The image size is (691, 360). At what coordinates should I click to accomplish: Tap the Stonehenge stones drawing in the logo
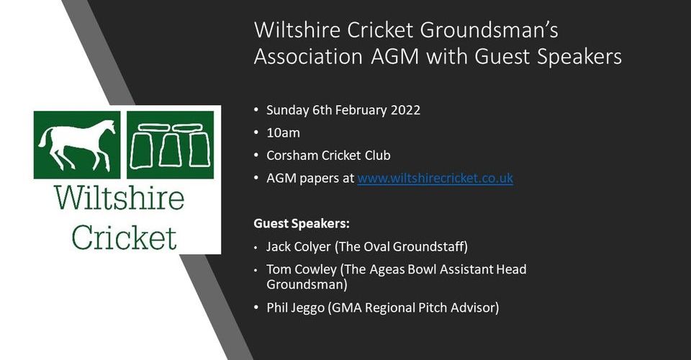coord(170,145)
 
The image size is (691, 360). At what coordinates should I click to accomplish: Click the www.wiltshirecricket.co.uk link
coord(435,178)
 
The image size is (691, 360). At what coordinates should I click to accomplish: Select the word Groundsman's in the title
coord(489,30)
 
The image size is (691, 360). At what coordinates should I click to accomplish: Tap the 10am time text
coord(283,132)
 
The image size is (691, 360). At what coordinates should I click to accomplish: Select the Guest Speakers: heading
coord(302,223)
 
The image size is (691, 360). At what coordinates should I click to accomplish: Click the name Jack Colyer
coord(298,247)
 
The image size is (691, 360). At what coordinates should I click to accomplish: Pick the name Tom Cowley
coord(302,269)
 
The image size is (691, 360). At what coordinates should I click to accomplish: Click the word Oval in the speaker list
coord(376,247)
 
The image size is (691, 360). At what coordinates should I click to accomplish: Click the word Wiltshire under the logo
coord(119,198)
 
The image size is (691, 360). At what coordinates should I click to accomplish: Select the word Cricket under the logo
coord(125,237)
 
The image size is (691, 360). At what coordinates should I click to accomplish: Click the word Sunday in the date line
coord(288,109)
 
